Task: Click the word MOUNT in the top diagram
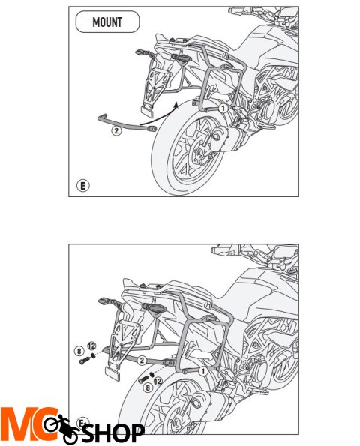point(107,22)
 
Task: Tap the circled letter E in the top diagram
point(82,186)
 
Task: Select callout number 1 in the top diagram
point(223,109)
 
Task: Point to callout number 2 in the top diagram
point(116,131)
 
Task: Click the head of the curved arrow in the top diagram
point(176,105)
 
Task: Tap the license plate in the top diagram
point(147,112)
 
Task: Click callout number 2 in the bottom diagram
point(142,361)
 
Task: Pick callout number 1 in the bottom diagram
point(203,371)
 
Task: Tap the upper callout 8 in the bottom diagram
point(79,351)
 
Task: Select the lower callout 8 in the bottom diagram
point(148,388)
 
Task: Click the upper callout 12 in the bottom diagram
point(91,346)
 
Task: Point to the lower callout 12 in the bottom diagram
point(158,381)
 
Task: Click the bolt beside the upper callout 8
point(85,361)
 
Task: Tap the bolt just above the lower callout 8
point(144,379)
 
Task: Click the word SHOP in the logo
point(113,433)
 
